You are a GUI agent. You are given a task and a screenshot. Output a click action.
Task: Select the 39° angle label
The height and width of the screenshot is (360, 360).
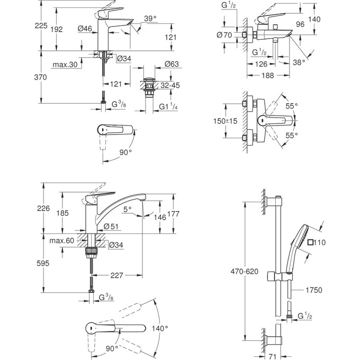click(150, 19)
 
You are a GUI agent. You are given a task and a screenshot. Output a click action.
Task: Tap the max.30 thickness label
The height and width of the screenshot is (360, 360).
click(66, 65)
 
